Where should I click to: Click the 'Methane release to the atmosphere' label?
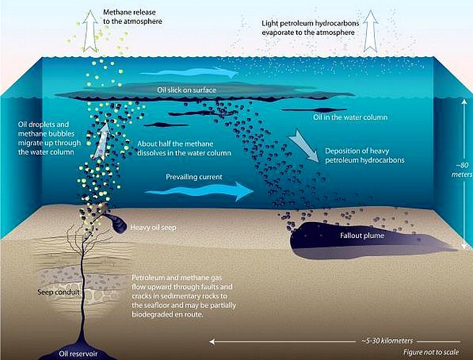pos(132,17)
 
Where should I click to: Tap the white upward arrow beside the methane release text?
pos(90,30)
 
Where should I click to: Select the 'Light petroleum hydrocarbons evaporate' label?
pos(310,27)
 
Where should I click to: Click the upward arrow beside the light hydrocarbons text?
pos(370,31)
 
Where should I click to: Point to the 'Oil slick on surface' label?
pos(186,90)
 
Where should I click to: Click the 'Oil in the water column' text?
pos(350,117)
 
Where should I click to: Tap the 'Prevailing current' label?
pos(194,176)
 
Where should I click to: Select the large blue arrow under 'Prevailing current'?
pos(199,191)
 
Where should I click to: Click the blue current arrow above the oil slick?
pos(188,72)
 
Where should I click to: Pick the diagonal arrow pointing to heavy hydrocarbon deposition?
pos(303,146)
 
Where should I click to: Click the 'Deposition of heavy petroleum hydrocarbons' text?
pos(365,155)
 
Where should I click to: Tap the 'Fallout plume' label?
pos(362,236)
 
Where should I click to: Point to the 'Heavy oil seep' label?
pos(153,228)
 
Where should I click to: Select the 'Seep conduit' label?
pos(58,292)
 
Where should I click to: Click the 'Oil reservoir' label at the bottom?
pos(78,353)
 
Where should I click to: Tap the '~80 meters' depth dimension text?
pos(462,170)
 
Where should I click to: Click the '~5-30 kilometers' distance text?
pos(387,341)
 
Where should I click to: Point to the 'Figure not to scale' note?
pos(431,352)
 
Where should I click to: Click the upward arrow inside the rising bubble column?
pos(101,141)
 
